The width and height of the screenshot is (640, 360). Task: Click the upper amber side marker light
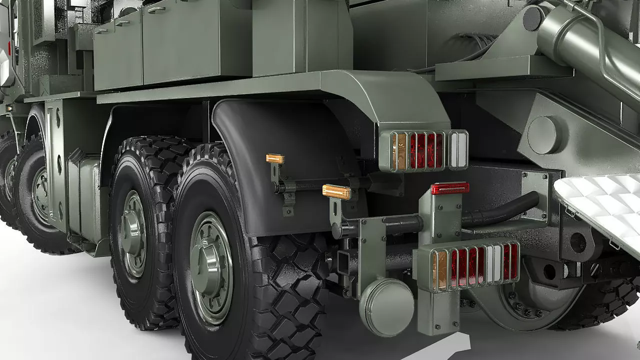click(275, 159)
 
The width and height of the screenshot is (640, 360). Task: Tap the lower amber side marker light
click(336, 191)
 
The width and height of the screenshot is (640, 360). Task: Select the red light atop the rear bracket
click(450, 188)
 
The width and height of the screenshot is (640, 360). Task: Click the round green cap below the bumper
click(386, 307)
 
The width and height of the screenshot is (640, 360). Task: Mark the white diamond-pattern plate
click(600, 200)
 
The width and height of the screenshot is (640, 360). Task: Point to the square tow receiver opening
click(345, 262)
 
